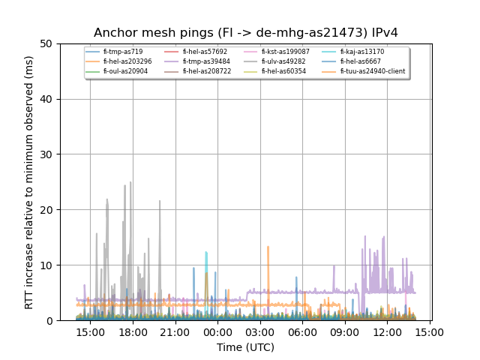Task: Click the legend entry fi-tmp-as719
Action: click(122, 52)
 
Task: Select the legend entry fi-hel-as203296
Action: click(127, 61)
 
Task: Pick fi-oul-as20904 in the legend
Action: click(125, 71)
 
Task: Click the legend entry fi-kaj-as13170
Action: click(361, 52)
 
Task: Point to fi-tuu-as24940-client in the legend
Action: click(372, 71)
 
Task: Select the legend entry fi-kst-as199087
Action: click(285, 52)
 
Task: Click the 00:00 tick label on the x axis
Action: click(218, 332)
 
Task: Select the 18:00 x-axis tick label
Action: click(133, 332)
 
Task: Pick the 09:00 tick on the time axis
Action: click(346, 332)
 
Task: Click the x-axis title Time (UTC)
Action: click(245, 347)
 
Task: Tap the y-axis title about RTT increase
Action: click(29, 182)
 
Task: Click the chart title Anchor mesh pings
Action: click(245, 33)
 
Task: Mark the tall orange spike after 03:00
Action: click(268, 247)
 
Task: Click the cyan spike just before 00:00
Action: click(206, 253)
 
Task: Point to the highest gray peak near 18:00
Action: click(130, 182)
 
